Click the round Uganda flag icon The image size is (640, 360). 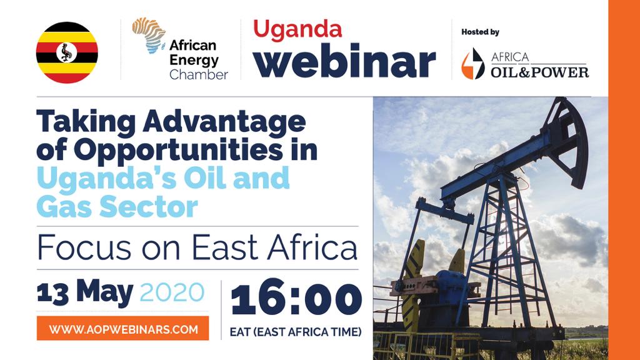tap(67, 52)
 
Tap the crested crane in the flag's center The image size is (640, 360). tap(67, 52)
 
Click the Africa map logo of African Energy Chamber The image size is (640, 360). tap(149, 34)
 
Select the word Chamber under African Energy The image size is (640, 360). tap(198, 75)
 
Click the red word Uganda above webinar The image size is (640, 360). tap(297, 29)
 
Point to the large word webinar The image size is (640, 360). tap(344, 61)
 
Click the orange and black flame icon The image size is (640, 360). tap(472, 64)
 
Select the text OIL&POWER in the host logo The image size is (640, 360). tap(540, 71)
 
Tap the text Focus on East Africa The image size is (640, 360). tap(197, 248)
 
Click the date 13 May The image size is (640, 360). tap(85, 291)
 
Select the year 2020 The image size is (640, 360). tap(172, 292)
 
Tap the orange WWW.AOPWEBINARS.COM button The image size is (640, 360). tap(123, 328)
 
